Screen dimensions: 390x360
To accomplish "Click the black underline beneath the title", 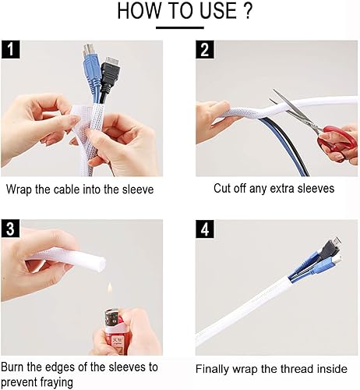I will pyautogui.click(x=180, y=28).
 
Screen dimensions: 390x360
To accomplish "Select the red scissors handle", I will pyautogui.click(x=337, y=140).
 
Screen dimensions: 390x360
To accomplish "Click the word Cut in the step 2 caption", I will pyautogui.click(x=223, y=188).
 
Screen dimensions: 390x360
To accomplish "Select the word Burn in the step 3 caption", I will pyautogui.click(x=16, y=367).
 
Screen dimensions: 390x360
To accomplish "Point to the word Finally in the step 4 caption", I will pyautogui.click(x=213, y=369).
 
